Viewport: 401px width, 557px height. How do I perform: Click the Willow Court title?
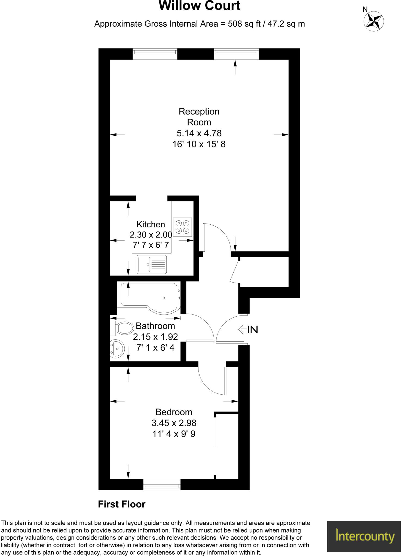199,6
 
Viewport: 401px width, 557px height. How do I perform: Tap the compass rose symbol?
374,21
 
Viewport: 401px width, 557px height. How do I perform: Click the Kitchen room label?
151,224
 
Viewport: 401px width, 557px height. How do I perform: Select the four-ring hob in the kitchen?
182,227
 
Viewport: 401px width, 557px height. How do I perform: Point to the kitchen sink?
152,264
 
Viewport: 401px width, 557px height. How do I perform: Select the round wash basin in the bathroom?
117,348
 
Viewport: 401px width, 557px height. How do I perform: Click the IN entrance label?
253,330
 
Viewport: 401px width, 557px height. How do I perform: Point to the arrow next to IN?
242,329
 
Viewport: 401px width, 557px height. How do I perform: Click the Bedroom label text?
174,412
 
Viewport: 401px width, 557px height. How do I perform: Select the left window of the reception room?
155,54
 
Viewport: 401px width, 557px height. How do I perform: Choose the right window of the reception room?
236,54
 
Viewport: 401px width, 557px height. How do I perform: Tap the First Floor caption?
122,504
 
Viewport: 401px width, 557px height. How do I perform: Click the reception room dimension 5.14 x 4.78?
199,133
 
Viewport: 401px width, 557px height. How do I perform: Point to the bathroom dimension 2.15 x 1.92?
155,337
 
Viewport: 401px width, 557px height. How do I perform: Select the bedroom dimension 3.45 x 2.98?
174,423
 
